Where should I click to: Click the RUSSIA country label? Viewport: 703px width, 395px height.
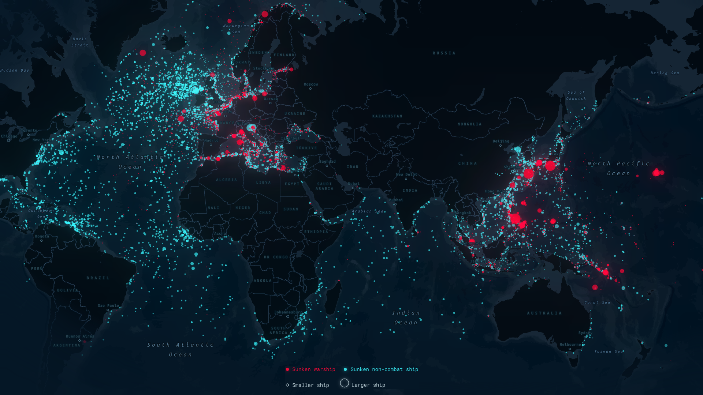pos(444,53)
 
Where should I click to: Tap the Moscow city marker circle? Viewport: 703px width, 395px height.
pos(310,89)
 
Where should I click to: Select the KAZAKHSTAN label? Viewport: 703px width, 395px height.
pos(387,116)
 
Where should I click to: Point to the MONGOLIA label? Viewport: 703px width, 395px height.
pos(469,124)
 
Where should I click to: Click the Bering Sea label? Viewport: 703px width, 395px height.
pos(665,73)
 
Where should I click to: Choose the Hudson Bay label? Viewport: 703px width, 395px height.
pos(15,71)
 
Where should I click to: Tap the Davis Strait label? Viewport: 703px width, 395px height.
pos(80,42)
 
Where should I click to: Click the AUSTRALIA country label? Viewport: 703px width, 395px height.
pos(544,313)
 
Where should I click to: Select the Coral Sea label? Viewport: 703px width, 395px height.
pos(597,303)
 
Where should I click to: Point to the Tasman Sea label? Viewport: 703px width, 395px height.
pos(608,352)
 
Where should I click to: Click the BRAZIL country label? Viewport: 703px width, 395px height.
pos(98,278)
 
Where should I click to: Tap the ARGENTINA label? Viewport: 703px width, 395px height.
pos(67,345)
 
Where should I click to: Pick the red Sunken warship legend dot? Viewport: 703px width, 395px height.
pos(287,369)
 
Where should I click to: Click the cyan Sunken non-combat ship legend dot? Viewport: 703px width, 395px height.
pos(345,369)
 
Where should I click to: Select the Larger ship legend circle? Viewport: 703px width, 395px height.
pos(344,383)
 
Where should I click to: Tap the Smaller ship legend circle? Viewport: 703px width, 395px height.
pos(287,385)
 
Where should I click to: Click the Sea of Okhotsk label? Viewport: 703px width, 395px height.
pos(576,95)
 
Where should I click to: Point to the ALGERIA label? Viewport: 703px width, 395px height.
pos(226,180)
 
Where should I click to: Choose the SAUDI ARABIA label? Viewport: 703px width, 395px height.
pos(324,186)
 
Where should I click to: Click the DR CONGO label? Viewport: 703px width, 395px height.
pos(276,257)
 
